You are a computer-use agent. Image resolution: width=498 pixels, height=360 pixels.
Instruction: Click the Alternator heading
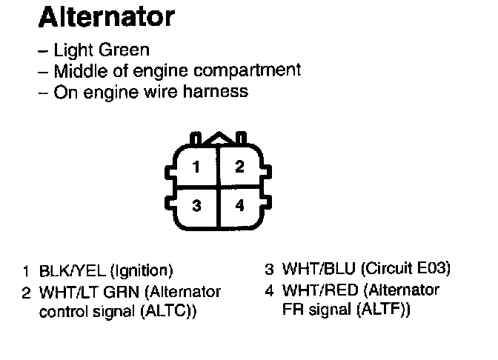(x=107, y=17)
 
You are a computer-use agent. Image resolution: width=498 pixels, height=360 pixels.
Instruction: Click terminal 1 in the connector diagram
(x=196, y=167)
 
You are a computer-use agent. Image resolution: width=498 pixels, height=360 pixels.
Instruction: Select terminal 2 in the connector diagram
(x=239, y=167)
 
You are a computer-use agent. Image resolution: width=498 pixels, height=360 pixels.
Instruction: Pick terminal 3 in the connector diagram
(x=196, y=206)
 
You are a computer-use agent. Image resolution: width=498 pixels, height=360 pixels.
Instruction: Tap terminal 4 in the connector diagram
(x=239, y=206)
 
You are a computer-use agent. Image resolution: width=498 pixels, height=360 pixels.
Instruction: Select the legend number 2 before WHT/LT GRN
(x=26, y=291)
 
